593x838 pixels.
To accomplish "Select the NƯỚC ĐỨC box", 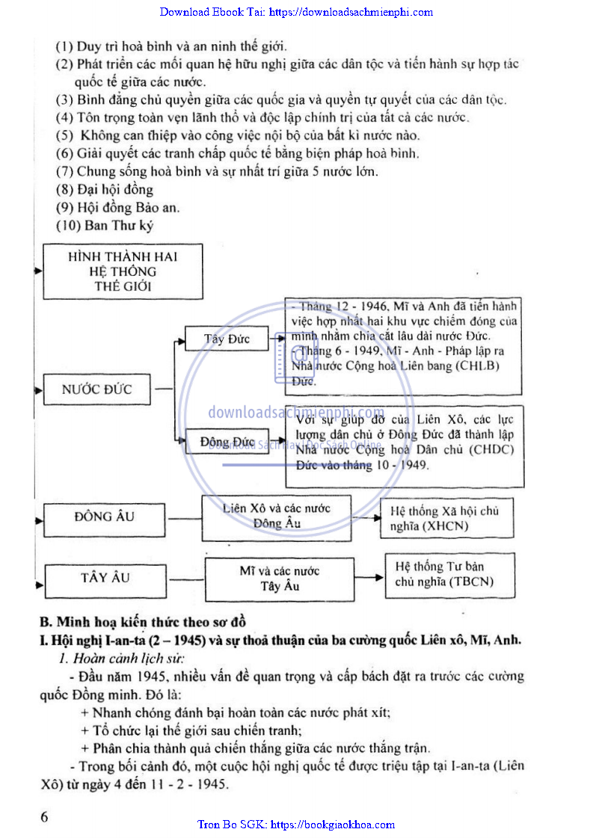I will [97, 389].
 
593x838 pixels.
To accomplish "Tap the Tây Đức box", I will [227, 339].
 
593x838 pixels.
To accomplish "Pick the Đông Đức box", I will [227, 442].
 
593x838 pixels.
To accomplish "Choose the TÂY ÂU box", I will [105, 578].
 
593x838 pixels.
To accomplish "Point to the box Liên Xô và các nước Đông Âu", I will [277, 517].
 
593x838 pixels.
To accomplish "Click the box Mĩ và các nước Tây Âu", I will [280, 579].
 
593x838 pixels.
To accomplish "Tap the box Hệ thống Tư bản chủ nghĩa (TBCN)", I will [450, 575].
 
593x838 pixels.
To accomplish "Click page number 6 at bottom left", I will [45, 816].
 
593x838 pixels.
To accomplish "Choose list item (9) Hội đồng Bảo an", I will [118, 208].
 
